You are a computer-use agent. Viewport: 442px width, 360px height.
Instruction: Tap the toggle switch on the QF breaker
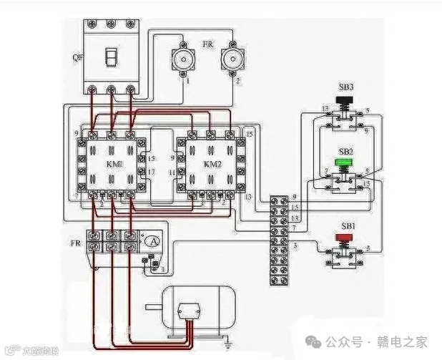(110, 57)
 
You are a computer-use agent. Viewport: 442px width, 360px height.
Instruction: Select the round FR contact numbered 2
(232, 59)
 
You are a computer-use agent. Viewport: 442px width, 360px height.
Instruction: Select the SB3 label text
(346, 87)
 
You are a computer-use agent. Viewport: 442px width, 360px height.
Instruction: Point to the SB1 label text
(348, 225)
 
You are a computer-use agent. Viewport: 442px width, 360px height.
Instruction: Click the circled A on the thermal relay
(152, 241)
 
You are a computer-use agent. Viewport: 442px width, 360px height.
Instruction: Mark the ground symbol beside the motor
(227, 345)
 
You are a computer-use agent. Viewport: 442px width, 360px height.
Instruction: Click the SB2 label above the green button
(345, 152)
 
